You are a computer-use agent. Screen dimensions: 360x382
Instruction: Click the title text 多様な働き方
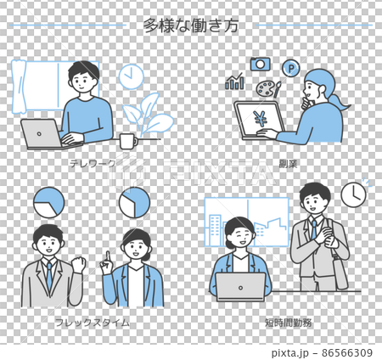(190, 25)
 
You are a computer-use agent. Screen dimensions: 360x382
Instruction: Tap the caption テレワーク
(90, 161)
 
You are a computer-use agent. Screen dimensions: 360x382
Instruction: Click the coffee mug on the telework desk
(127, 139)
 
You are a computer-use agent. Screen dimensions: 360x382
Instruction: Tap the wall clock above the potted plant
(131, 77)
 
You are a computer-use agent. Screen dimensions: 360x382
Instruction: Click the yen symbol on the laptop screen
(253, 119)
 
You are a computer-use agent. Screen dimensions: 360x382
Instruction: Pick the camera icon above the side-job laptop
(259, 65)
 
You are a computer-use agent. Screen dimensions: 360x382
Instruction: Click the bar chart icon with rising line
(234, 82)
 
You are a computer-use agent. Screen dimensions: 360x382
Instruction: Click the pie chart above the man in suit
(48, 202)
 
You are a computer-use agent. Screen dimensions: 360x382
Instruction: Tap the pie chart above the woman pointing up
(134, 202)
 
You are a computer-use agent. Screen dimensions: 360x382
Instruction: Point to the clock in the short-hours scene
(353, 195)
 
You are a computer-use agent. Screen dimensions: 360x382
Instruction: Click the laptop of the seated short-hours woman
(240, 287)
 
